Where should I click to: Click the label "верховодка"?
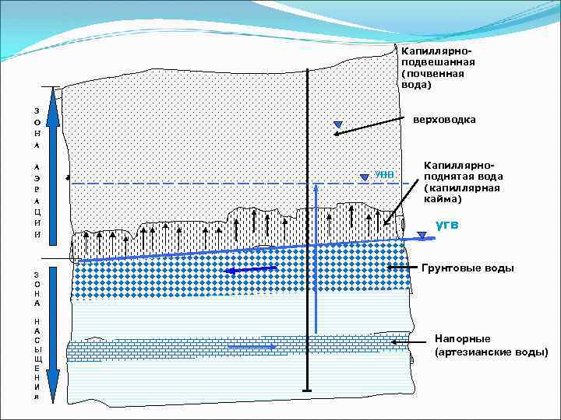(x=443, y=120)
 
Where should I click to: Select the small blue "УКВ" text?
(x=385, y=174)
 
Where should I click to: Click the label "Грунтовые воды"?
(x=467, y=268)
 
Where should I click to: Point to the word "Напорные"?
(x=463, y=339)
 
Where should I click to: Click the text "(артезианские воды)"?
(x=491, y=352)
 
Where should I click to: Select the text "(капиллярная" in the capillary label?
(x=460, y=187)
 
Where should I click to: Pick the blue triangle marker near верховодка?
(x=337, y=124)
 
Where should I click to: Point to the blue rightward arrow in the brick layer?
(x=261, y=347)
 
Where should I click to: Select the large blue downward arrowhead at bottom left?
(x=52, y=385)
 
